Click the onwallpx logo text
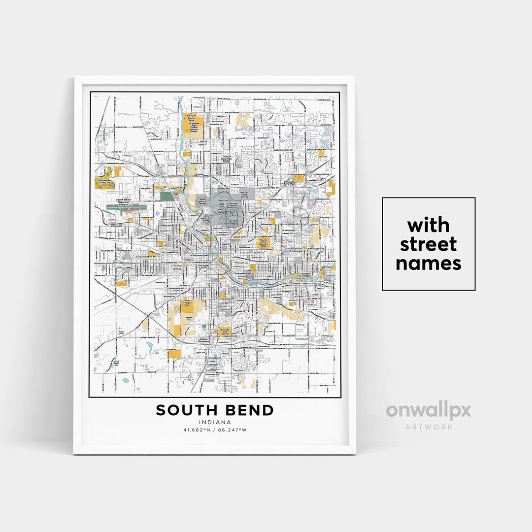tap(428, 411)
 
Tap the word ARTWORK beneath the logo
tap(429, 427)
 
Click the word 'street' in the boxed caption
tap(429, 244)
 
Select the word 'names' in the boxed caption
tap(429, 264)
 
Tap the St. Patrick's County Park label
tap(190, 118)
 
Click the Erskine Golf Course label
tap(224, 333)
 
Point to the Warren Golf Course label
tap(243, 194)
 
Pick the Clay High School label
tap(226, 160)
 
